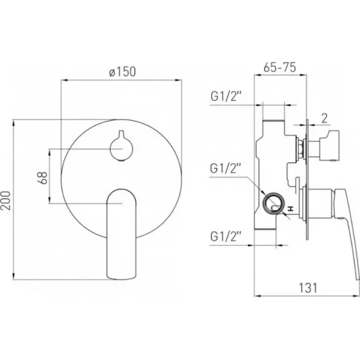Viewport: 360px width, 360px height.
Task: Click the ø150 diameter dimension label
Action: [x=122, y=71]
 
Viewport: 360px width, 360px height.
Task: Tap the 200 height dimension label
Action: [x=5, y=200]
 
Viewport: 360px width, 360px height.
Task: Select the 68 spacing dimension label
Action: [x=42, y=178]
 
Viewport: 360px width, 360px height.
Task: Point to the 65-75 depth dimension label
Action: [x=279, y=67]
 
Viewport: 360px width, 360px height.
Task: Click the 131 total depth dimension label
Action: [x=308, y=287]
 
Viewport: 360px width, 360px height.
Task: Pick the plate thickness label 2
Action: [x=324, y=118]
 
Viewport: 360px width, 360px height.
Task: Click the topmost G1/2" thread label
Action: [x=226, y=97]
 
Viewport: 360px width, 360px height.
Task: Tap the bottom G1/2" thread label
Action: [x=226, y=236]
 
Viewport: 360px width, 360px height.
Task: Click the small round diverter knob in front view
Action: [x=121, y=147]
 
